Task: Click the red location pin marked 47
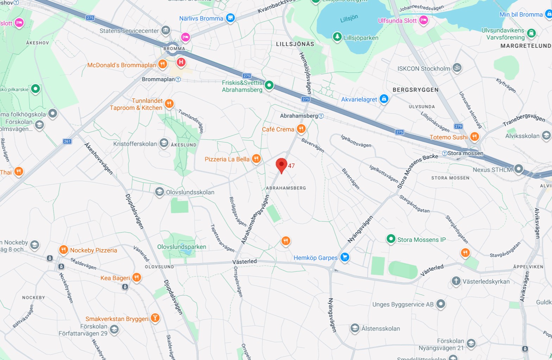tap(281, 165)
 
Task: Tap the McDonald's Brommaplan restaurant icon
tap(162, 64)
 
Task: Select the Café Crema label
tap(278, 129)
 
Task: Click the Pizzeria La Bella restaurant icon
tap(256, 159)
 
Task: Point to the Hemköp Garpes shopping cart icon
tap(345, 257)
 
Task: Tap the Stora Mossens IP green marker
tap(390, 239)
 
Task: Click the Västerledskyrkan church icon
tap(456, 281)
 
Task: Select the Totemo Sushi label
tap(448, 137)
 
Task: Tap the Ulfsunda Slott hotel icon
tap(424, 20)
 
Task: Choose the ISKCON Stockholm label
tap(424, 69)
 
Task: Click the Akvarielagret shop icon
tap(384, 99)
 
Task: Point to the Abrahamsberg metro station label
tap(299, 116)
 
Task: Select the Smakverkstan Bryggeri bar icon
tap(155, 318)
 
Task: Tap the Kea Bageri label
tap(115, 278)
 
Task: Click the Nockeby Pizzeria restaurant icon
tap(63, 250)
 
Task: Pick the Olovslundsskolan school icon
tap(159, 192)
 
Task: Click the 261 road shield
tap(67, 141)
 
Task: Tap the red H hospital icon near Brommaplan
tap(181, 62)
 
